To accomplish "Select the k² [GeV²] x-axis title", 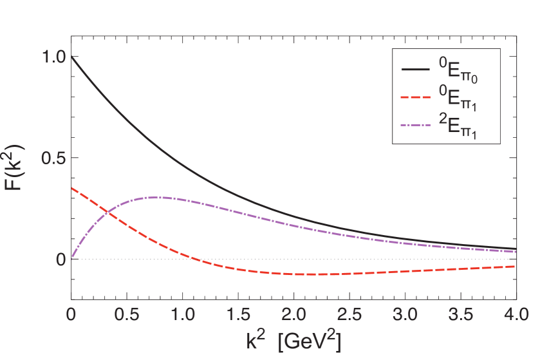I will [x=293, y=339].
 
